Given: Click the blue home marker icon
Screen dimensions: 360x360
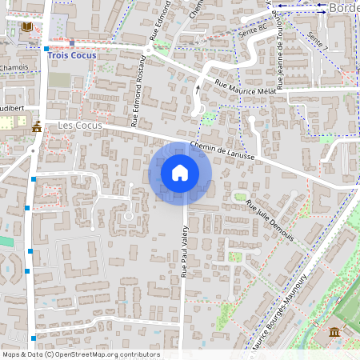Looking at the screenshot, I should click(180, 173).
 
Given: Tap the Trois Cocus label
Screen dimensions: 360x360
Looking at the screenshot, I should click(72, 56).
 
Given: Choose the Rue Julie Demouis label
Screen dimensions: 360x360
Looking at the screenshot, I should click(270, 220).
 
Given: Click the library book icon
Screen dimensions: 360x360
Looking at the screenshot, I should click(28, 27).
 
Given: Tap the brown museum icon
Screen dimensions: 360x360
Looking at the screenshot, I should click(334, 331).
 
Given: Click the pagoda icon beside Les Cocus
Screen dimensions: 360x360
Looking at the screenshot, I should click(37, 126).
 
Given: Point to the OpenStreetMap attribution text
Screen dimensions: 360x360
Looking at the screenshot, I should click(80, 354).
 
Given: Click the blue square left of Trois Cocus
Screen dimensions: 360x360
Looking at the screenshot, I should click(45, 50).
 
